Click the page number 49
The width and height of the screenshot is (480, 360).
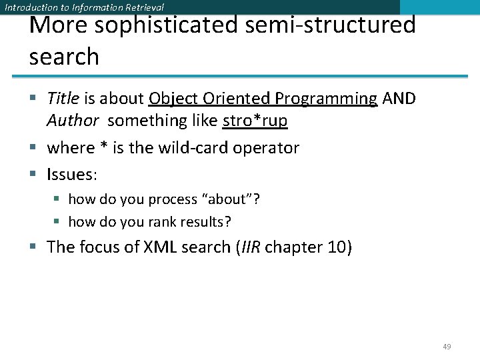pyautogui.click(x=447, y=347)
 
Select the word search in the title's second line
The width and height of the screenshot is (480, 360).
pyautogui.click(x=64, y=57)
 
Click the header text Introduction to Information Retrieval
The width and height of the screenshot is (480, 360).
pyautogui.click(x=84, y=7)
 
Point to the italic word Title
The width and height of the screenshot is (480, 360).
pyautogui.click(x=63, y=99)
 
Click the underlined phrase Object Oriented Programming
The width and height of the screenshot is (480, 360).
pyautogui.click(x=263, y=99)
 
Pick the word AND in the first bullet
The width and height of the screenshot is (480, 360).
pyautogui.click(x=399, y=99)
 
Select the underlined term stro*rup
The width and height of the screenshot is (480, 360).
pyautogui.click(x=255, y=121)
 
